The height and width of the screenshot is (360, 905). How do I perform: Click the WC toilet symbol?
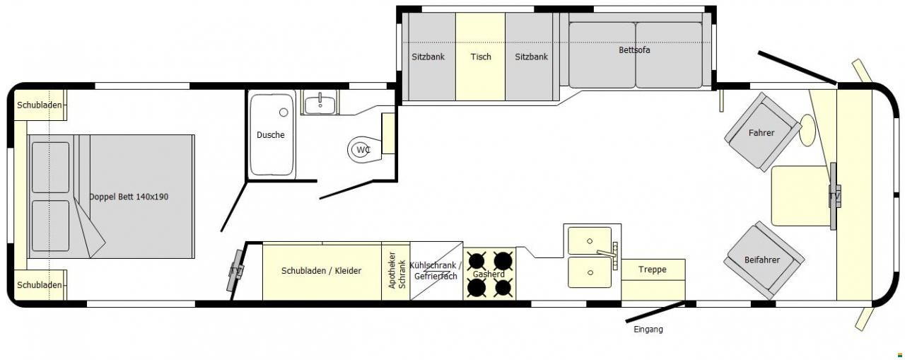(x=364, y=149)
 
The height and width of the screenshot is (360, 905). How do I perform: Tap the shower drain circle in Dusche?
(x=284, y=112)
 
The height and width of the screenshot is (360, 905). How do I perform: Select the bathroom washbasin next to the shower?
(x=320, y=104)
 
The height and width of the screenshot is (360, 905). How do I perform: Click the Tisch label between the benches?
(x=481, y=57)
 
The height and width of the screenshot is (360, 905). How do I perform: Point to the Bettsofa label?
(x=634, y=50)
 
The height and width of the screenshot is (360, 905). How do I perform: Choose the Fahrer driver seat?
(x=762, y=132)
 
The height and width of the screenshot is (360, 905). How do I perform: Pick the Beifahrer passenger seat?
(x=763, y=260)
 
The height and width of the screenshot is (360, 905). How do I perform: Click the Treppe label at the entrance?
(x=653, y=269)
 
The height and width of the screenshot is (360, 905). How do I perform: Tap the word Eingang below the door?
(x=648, y=330)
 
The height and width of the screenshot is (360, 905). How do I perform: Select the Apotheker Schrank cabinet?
(x=396, y=271)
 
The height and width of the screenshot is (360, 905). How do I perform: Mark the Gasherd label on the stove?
(x=489, y=274)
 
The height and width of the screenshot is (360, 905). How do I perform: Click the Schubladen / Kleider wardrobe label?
(x=321, y=271)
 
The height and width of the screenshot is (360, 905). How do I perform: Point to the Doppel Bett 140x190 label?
(x=129, y=197)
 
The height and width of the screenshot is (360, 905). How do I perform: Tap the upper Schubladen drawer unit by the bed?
(x=40, y=105)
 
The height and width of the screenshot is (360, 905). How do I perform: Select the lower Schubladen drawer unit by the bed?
(x=40, y=285)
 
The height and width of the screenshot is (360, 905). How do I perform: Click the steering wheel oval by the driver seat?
(x=807, y=130)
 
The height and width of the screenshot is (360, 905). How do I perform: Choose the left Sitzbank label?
(x=428, y=57)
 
